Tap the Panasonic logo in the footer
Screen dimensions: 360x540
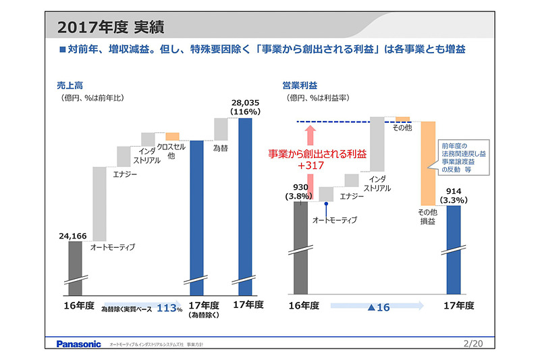coord(78,344)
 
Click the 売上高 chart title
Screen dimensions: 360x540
coord(70,85)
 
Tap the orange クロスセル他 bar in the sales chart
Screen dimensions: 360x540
coord(172,136)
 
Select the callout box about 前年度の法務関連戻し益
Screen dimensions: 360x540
coord(464,157)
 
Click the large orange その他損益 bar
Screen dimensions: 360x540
coord(428,163)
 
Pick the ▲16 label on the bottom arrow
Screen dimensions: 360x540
coord(379,307)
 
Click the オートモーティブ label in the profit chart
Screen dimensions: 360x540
coord(334,220)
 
